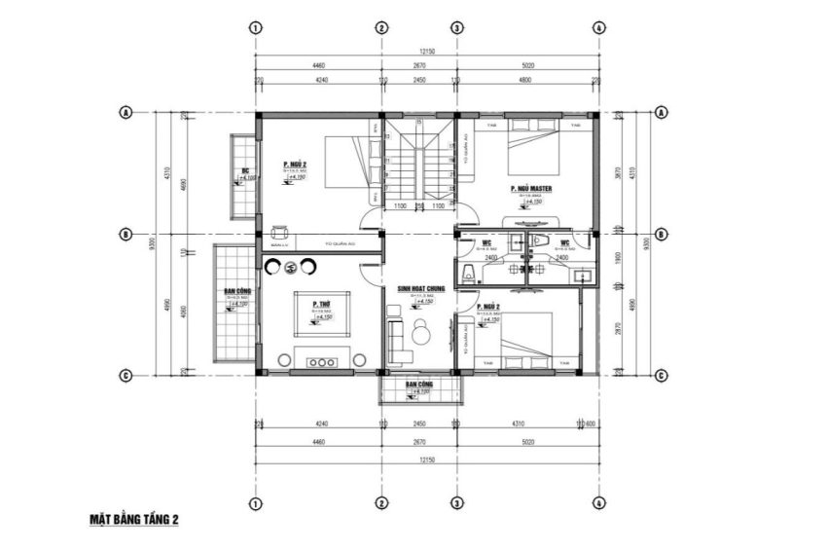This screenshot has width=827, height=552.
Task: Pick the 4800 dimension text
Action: pos(525,81)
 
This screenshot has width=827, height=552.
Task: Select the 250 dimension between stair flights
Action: pos(418,205)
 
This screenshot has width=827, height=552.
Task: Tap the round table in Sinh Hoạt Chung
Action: pos(420,334)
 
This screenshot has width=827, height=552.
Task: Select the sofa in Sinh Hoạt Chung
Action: pos(395,334)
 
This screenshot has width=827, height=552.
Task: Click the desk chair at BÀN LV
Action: pos(280,231)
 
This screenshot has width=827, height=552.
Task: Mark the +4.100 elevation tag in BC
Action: pos(248,179)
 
